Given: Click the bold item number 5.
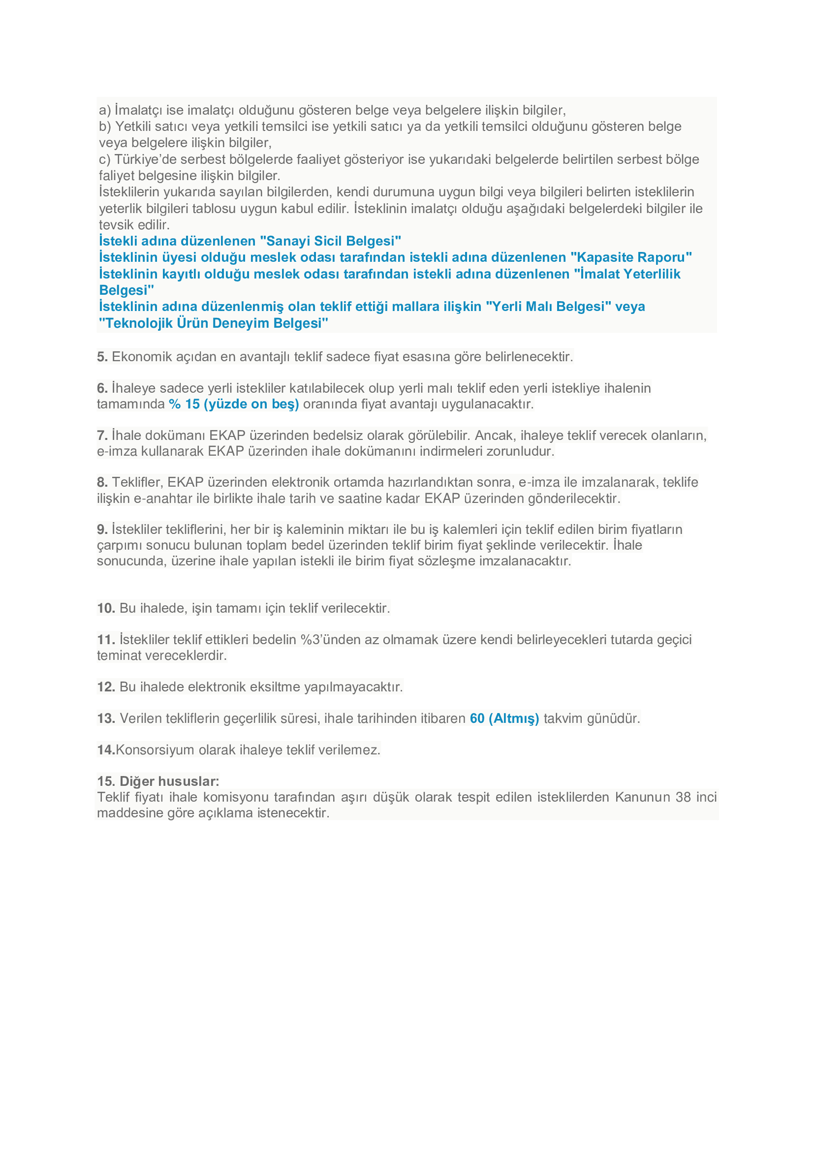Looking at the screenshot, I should (x=102, y=357).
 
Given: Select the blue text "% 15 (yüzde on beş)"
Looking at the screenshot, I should (x=234, y=404).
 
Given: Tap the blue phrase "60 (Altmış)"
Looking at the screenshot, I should (x=504, y=718).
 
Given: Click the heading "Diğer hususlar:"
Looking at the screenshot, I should (x=169, y=781).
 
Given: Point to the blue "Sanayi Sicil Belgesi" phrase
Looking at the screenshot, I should (x=330, y=241).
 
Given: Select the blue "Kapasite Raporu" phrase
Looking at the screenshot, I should (x=631, y=258).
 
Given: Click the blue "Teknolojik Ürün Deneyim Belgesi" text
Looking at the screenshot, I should (x=214, y=323).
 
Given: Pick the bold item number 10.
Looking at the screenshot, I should (x=106, y=608).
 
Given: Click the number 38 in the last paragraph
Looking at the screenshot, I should (x=683, y=797).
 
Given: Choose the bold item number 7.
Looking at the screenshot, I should (x=102, y=435).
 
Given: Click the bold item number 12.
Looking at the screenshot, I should (x=106, y=687).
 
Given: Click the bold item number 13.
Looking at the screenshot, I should (x=106, y=718).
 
